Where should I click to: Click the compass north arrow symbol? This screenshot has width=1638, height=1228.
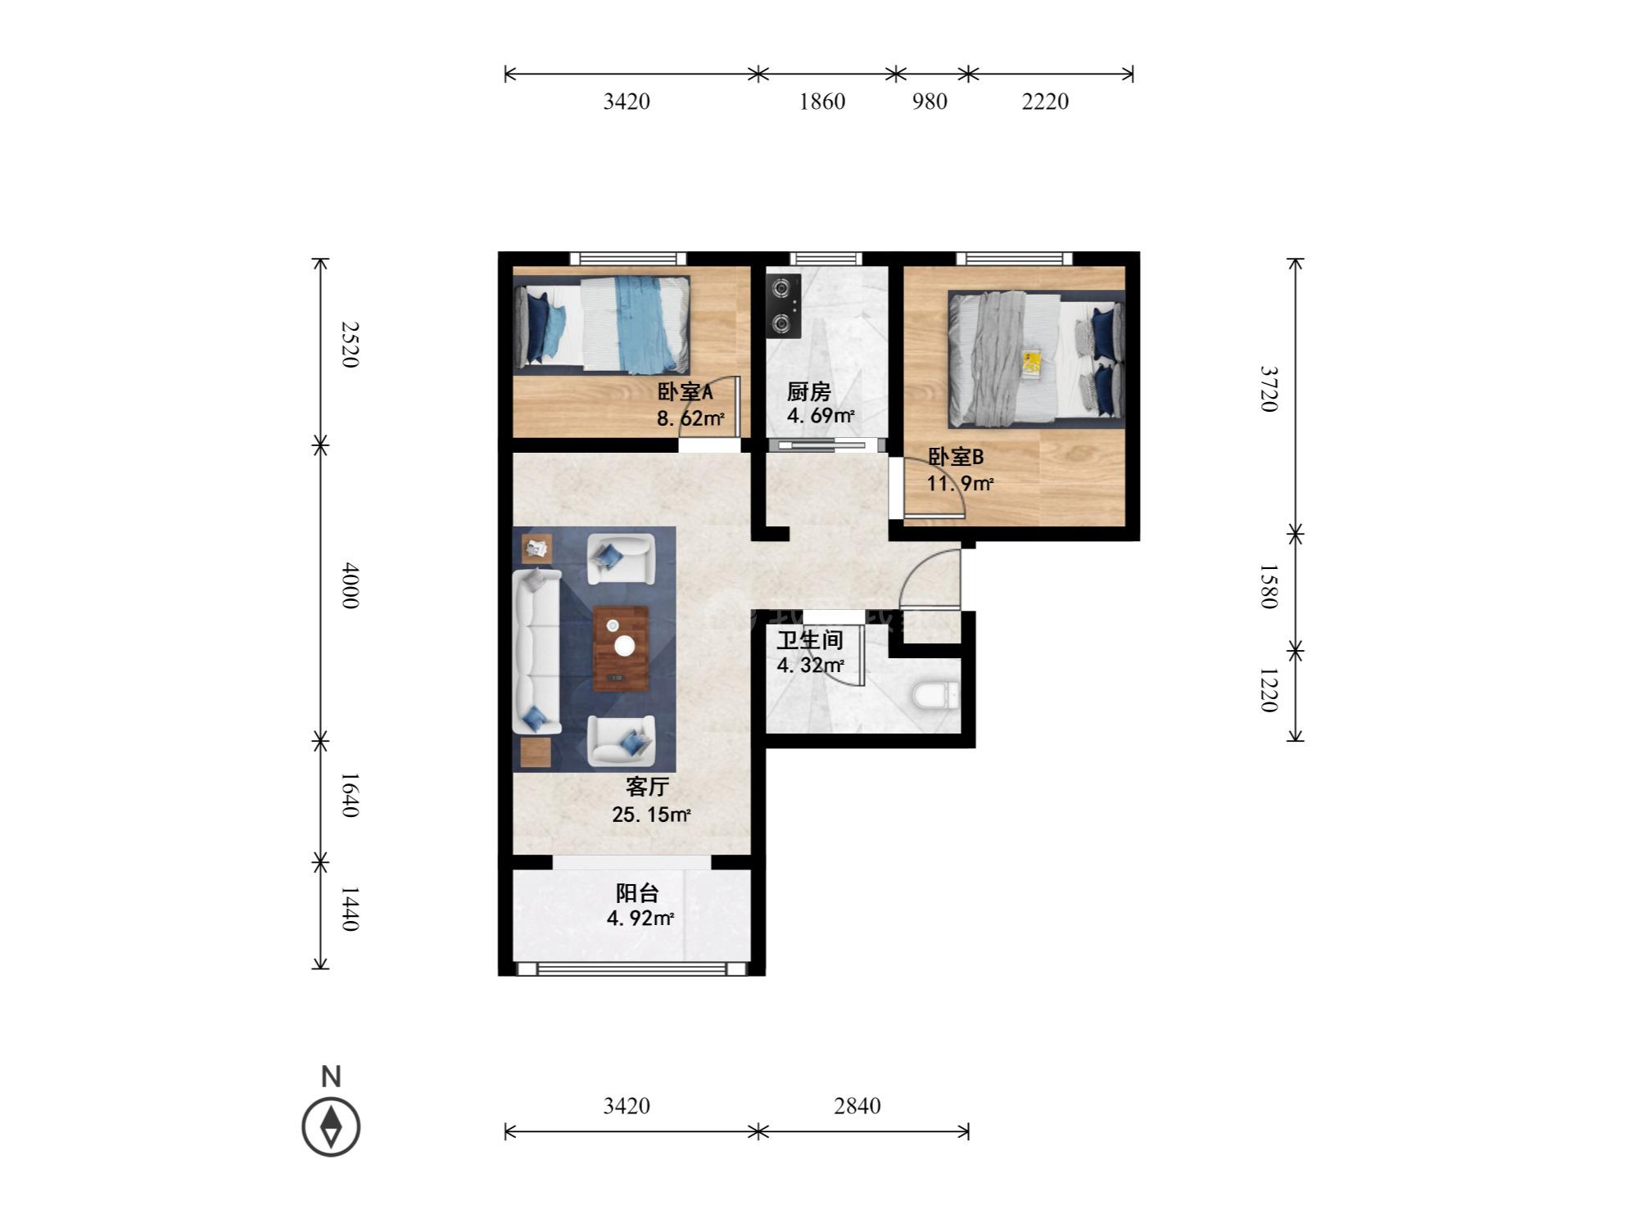point(331,1126)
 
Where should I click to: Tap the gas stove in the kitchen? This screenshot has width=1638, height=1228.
point(784,306)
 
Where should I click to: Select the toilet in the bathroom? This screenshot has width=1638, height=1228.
point(934,696)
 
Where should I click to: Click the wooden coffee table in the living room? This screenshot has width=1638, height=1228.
point(621,648)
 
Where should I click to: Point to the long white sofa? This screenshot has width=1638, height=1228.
point(536,651)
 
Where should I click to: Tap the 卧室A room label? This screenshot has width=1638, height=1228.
point(685,392)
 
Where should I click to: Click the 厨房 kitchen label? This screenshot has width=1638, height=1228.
point(808,392)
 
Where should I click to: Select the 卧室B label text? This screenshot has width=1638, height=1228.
point(955,457)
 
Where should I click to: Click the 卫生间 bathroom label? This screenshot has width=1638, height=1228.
point(809,640)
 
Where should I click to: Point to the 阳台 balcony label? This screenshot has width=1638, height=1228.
point(637,893)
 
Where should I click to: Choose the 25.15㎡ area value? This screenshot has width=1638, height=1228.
point(651,815)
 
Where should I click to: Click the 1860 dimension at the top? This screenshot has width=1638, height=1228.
point(822,102)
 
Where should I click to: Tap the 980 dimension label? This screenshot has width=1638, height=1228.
point(930,102)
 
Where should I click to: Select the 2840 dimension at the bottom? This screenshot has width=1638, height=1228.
point(857,1106)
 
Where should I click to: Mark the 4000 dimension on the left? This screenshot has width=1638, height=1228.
point(350,585)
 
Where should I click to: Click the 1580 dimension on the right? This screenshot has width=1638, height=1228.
point(1268,586)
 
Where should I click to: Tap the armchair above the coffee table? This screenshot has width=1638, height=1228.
point(621,559)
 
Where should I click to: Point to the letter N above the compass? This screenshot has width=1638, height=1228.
point(331,1077)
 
